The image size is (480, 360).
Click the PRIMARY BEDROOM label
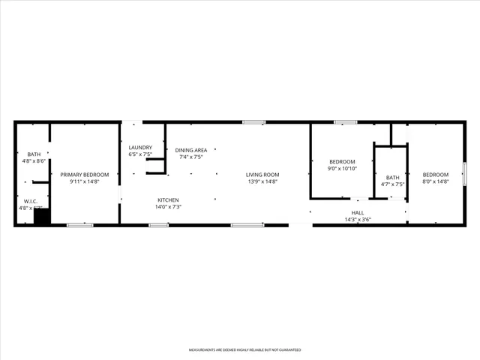(85, 175)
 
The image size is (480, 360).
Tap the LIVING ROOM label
(262, 175)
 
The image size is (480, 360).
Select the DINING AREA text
(191, 150)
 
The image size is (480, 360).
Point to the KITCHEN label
(168, 199)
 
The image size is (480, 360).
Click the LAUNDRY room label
(140, 148)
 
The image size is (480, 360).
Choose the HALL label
(358, 213)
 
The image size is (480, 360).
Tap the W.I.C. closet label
(31, 201)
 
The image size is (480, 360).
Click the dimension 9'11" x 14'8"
(85, 181)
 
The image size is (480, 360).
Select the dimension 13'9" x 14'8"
(262, 181)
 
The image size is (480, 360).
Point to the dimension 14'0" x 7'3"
(168, 207)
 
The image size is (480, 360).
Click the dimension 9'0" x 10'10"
(342, 169)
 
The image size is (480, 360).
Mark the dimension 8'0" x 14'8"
(435, 181)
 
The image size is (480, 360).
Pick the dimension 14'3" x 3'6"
(358, 220)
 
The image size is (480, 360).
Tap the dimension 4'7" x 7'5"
(393, 184)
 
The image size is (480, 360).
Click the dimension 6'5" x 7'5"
(140, 154)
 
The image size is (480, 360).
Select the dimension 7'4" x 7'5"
(191, 157)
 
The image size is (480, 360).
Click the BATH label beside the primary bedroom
(34, 154)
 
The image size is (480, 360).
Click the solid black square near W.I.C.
(42, 217)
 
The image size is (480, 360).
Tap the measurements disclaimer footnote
(240, 350)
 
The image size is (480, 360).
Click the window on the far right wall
(465, 173)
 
